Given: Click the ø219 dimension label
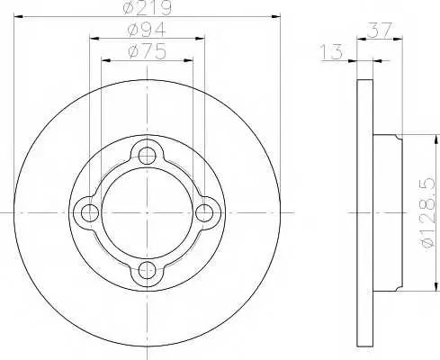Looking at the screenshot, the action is [148, 7].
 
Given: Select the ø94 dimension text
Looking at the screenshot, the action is [147, 30].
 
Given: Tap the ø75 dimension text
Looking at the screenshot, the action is [147, 51].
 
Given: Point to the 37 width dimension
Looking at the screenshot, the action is [380, 30].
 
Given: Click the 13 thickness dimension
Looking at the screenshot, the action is [331, 51].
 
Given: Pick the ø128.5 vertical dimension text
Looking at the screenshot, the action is [428, 212].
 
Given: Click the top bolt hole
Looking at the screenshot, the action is [147, 156].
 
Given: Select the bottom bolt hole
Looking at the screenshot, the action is [147, 270].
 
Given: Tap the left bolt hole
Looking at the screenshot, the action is [90, 212].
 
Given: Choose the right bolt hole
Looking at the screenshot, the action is [204, 212].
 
